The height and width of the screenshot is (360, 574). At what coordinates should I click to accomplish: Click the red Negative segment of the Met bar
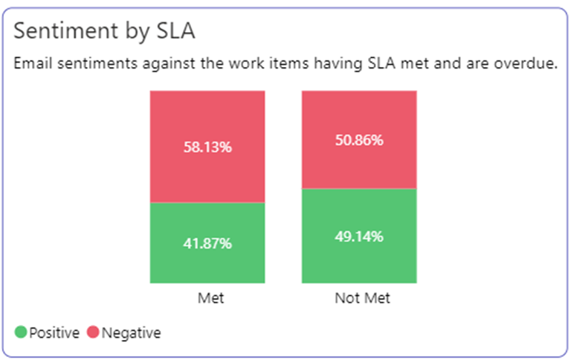pyautogui.click(x=207, y=119)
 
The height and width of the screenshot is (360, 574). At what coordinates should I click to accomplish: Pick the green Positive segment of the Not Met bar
pyautogui.click(x=358, y=260)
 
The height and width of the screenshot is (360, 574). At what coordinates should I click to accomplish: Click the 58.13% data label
pyautogui.click(x=207, y=147)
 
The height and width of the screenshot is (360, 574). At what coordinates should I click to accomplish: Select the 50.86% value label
pyautogui.click(x=358, y=140)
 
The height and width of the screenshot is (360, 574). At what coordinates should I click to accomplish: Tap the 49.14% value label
pyautogui.click(x=358, y=237)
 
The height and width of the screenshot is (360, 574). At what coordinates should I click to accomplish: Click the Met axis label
pyautogui.click(x=210, y=298)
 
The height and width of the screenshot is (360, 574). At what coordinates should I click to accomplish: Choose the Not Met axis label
pyautogui.click(x=362, y=298)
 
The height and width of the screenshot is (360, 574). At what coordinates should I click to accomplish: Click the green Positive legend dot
pyautogui.click(x=21, y=332)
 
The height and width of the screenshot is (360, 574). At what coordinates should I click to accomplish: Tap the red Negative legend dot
pyautogui.click(x=93, y=332)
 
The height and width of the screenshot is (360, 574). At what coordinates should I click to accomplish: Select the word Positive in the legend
pyautogui.click(x=54, y=332)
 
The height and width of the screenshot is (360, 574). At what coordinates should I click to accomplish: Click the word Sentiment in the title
pyautogui.click(x=62, y=30)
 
